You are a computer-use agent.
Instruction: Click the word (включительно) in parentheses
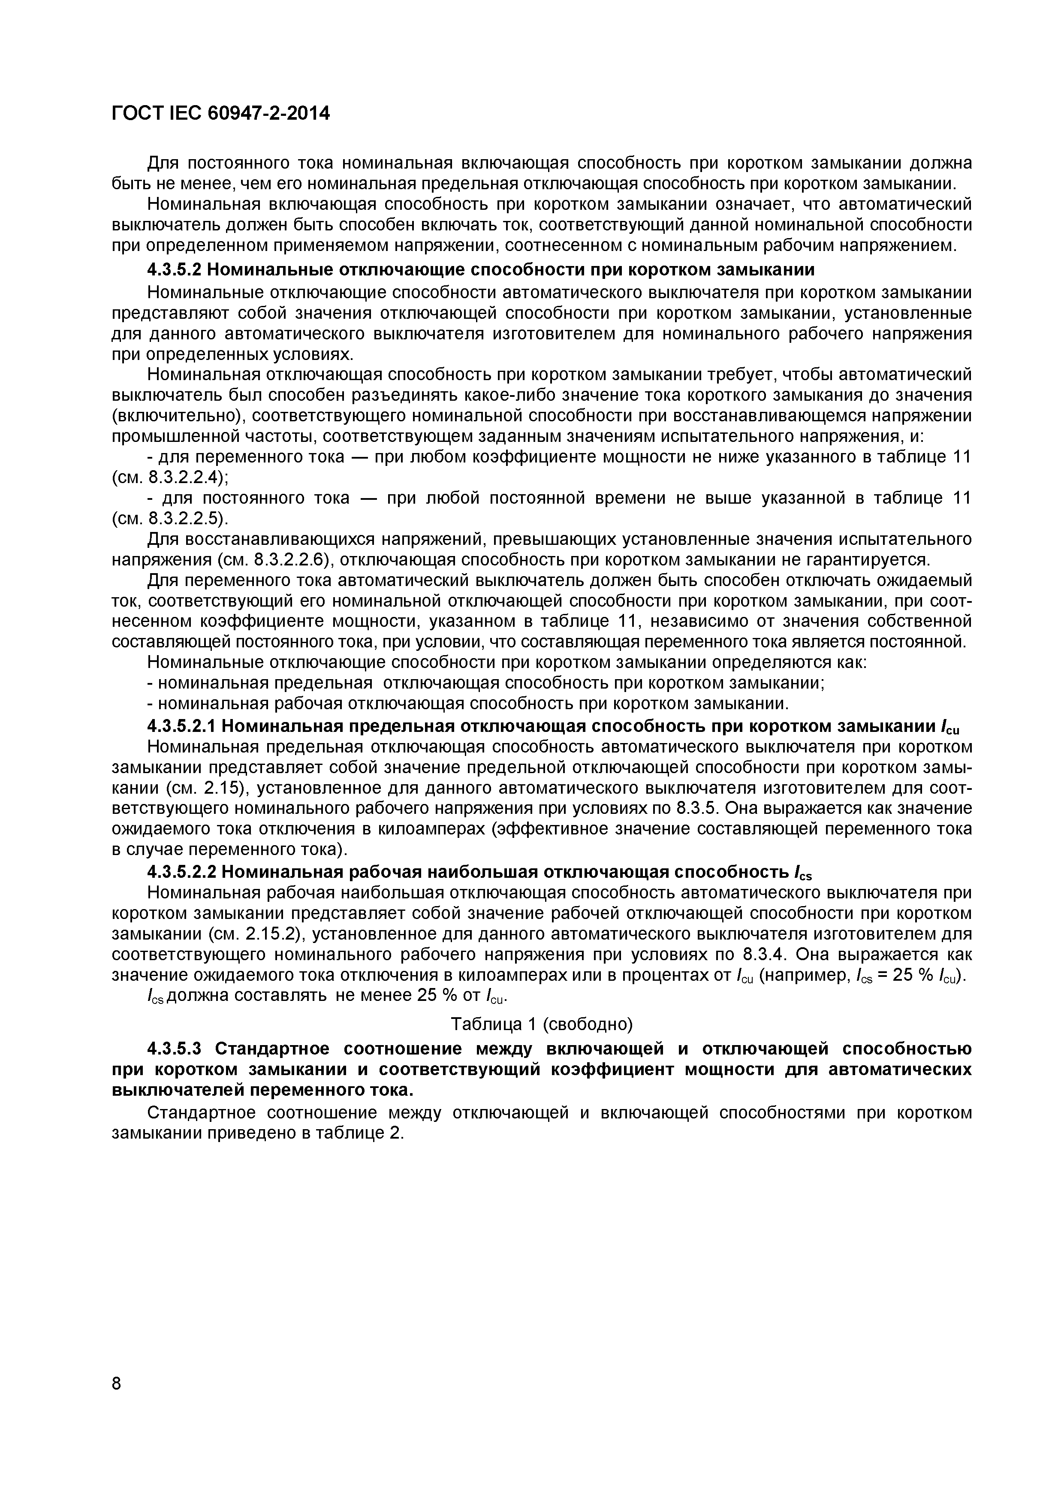(176, 416)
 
